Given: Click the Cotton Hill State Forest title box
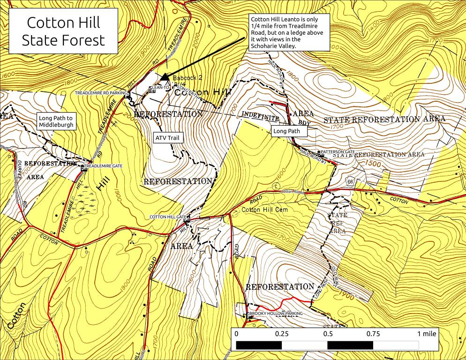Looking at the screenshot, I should point(63,31).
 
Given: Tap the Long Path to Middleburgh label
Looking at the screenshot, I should point(56,122).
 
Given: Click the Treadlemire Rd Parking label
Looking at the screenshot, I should point(100,93).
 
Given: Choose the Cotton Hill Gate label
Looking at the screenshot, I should point(168,217).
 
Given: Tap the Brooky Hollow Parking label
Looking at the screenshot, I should point(276,314).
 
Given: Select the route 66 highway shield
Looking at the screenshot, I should point(350,181).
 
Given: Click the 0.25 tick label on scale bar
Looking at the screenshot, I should point(282,334).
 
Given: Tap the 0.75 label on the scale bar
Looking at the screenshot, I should point(373,334).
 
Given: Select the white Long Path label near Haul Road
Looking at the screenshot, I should point(287,132).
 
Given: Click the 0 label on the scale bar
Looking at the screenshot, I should point(236,334).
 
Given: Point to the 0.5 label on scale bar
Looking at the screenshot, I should point(328,334).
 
